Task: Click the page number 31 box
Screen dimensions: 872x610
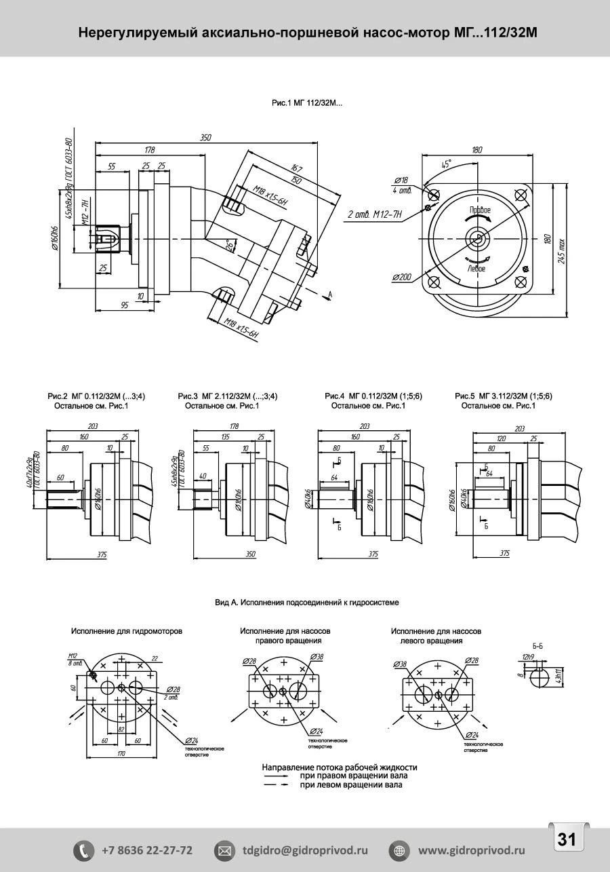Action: (x=567, y=839)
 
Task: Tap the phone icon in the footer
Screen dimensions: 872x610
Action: (x=83, y=850)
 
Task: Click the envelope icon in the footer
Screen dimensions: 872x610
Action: (x=224, y=850)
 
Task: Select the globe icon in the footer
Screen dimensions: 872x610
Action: (x=399, y=850)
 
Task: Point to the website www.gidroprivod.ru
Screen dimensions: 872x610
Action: (x=472, y=850)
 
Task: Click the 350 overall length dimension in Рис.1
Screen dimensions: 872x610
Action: (x=205, y=138)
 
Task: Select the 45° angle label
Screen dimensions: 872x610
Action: (x=446, y=164)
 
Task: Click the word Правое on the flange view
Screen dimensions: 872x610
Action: (x=479, y=210)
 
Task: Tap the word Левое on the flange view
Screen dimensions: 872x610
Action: (x=476, y=269)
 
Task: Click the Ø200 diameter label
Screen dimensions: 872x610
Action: (x=402, y=277)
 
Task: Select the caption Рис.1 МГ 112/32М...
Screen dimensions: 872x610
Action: (x=307, y=103)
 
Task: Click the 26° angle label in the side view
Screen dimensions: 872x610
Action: (x=229, y=245)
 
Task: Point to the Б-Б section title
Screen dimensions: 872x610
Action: (x=539, y=646)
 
